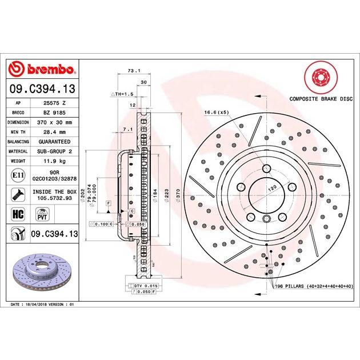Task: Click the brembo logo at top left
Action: pos(43,69)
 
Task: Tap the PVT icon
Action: pos(41,215)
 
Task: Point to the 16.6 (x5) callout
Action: pos(216,112)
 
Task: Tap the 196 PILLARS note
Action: pos(314,285)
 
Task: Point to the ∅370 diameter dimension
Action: pos(178,194)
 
